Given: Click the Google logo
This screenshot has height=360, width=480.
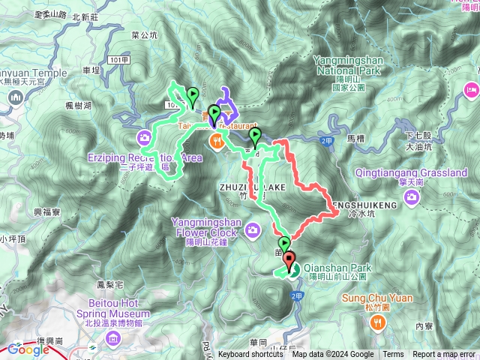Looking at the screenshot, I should (x=28, y=349).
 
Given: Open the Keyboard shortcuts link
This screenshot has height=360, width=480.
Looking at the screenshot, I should (x=251, y=355).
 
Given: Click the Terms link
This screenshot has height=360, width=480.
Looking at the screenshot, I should (x=392, y=355).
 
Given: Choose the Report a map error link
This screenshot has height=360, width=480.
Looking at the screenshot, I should (x=444, y=355).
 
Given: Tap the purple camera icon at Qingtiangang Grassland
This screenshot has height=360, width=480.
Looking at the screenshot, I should (x=411, y=196).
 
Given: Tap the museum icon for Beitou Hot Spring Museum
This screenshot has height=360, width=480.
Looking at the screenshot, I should (x=113, y=339).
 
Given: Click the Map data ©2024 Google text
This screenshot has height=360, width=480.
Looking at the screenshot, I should (x=333, y=355).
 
